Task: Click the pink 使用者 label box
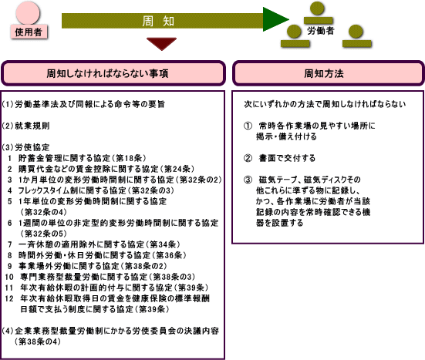pos(29,32)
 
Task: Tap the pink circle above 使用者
pos(28,12)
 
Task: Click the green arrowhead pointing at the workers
pos(275,19)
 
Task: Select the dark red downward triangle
pos(161,44)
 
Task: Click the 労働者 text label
pos(320,31)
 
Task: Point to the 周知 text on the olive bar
pos(158,21)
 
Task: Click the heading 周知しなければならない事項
pos(107,73)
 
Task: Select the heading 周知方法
pos(324,73)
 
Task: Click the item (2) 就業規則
pos(26,126)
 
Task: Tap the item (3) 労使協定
pos(26,147)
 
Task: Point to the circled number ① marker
pos(248,126)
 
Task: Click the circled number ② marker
pos(248,158)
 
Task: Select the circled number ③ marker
pos(248,180)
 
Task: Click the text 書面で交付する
pos(287,158)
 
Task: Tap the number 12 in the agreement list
pos(9,298)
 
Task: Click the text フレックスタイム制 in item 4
pos(48,190)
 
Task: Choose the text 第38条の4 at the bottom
pos(38,341)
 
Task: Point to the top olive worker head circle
pos(317,8)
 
